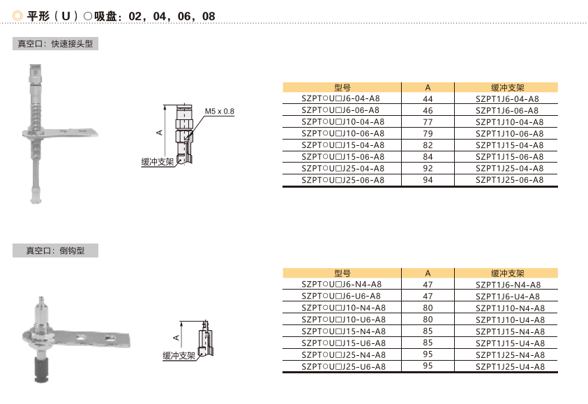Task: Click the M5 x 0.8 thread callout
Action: click(220, 112)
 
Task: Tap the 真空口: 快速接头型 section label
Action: click(56, 44)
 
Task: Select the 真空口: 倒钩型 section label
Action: click(56, 250)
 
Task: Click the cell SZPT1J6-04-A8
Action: click(507, 99)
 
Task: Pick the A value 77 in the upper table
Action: click(428, 122)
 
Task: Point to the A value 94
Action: click(428, 180)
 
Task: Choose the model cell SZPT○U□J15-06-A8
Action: click(343, 157)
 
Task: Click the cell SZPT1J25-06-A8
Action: click(510, 180)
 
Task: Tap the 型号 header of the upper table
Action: click(342, 88)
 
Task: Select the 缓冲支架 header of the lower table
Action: click(508, 274)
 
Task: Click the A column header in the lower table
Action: click(428, 274)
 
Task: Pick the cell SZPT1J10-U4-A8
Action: click(511, 320)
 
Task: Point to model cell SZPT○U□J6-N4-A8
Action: click(342, 285)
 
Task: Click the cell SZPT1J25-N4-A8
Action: click(511, 355)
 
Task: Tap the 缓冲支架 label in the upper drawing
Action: click(158, 162)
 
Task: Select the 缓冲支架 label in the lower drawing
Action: click(179, 356)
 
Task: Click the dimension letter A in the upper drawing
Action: click(160, 133)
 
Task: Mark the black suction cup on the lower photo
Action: click(41, 370)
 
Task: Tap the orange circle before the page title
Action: click(17, 16)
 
